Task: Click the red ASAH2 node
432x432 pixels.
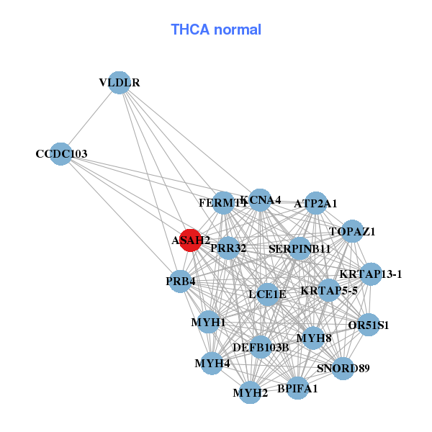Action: click(190, 240)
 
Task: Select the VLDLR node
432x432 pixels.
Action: click(120, 83)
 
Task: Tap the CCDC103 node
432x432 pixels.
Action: click(62, 153)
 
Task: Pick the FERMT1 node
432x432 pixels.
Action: click(224, 203)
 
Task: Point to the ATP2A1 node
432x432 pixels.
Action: click(316, 203)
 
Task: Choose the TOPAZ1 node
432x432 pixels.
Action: click(352, 231)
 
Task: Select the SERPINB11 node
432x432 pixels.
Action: click(300, 248)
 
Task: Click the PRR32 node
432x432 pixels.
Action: click(228, 248)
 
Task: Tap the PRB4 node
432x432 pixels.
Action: click(180, 280)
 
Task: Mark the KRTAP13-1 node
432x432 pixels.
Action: click(371, 274)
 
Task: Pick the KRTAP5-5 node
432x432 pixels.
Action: click(329, 291)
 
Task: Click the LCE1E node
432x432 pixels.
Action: click(268, 294)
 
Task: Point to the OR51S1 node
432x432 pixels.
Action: click(368, 325)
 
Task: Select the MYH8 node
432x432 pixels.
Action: click(313, 337)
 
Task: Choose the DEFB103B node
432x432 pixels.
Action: click(261, 347)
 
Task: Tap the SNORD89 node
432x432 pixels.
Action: click(343, 369)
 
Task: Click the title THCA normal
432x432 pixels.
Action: click(216, 30)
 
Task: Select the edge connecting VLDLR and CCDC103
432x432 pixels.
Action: click(91, 118)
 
